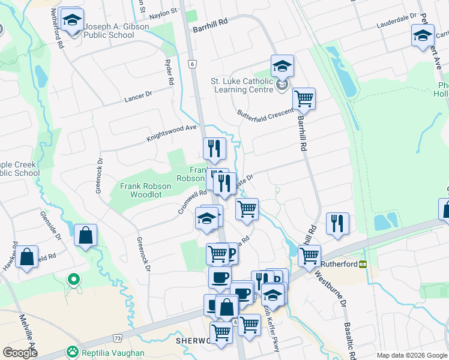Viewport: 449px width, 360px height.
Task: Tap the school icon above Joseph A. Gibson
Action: (x=72, y=22)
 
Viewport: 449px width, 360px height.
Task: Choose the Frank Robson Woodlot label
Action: (x=145, y=190)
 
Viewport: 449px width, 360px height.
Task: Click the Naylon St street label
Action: (x=164, y=11)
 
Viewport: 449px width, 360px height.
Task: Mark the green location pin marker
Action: (x=74, y=279)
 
